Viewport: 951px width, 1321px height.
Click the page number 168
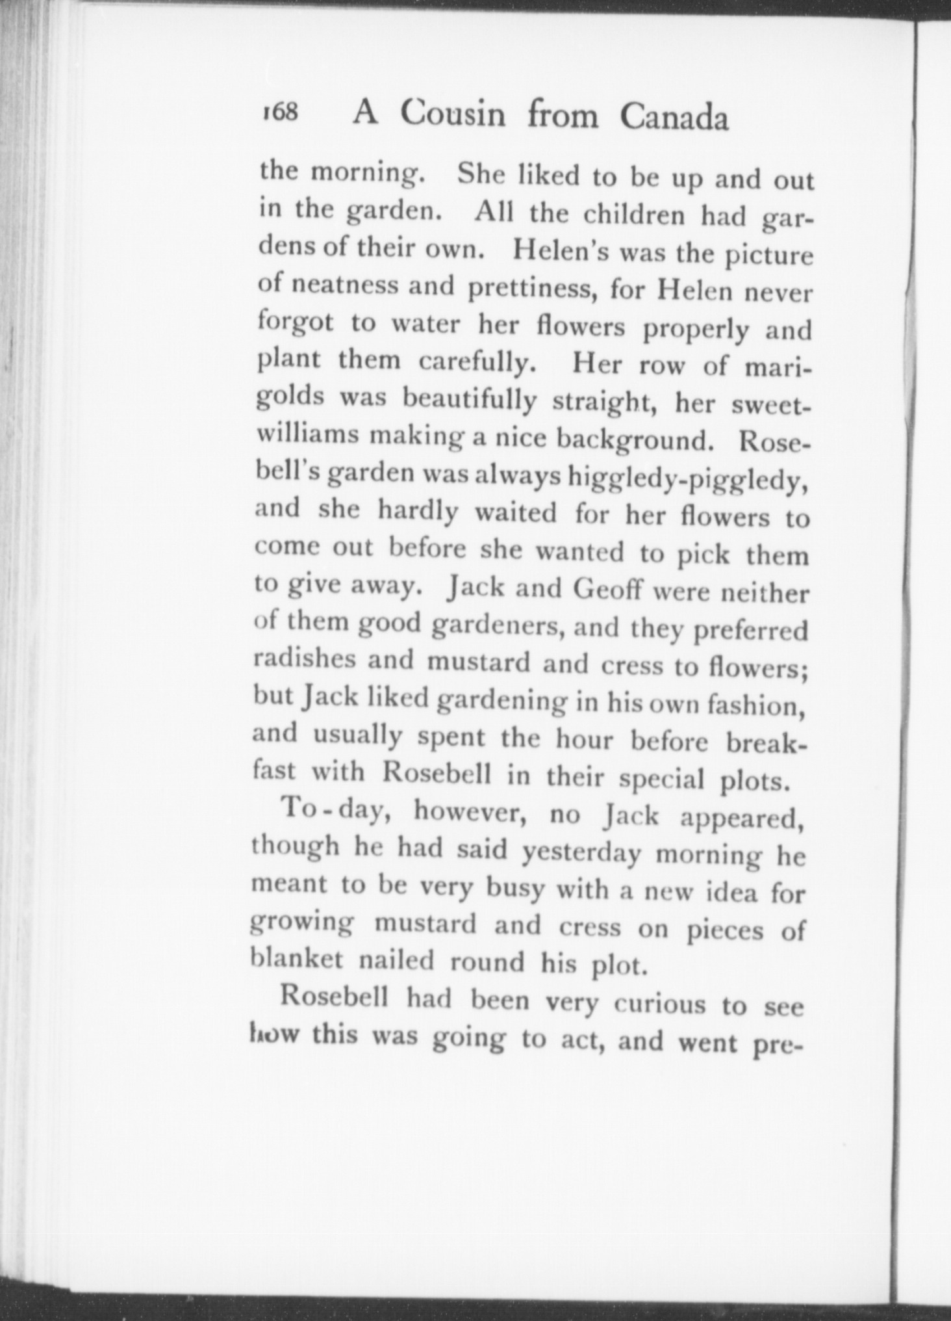[x=280, y=112]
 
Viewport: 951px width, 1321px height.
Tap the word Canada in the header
[x=674, y=118]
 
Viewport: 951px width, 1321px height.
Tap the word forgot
[x=296, y=322]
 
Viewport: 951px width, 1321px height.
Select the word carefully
[x=477, y=361]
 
